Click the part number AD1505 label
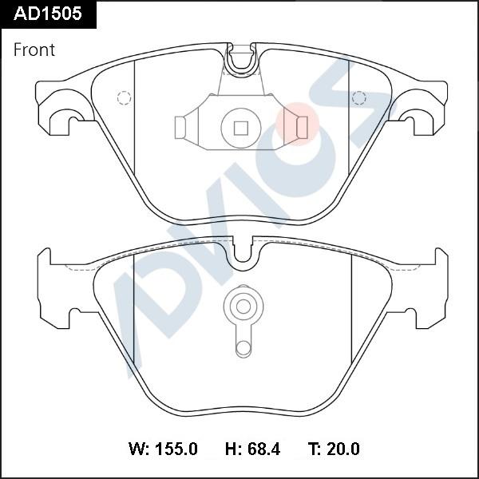[48, 14]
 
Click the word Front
[34, 50]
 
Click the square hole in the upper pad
[240, 126]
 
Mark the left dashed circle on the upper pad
[124, 98]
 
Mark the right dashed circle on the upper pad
[358, 98]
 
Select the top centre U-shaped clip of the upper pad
[240, 61]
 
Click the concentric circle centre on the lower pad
[241, 306]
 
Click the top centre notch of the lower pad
[242, 252]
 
